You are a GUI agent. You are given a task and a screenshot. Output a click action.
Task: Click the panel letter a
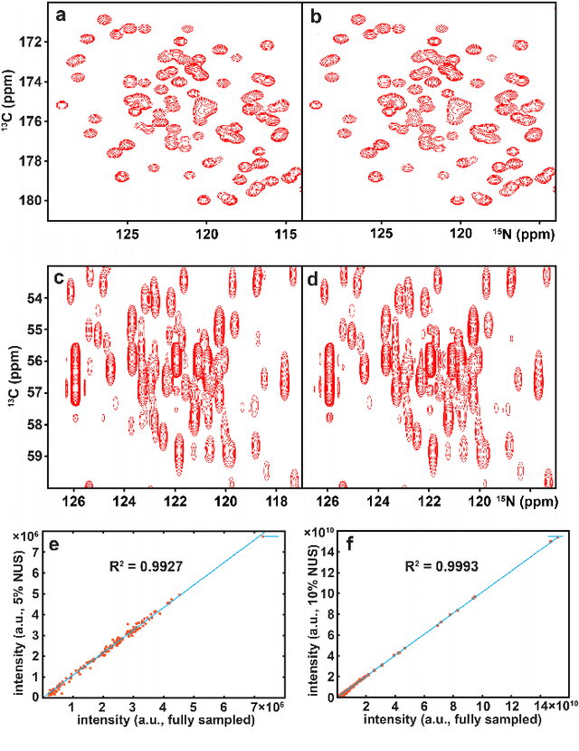tap(60, 17)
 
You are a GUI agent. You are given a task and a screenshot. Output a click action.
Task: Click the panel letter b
tap(316, 17)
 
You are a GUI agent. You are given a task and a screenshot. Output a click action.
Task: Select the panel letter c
tap(60, 279)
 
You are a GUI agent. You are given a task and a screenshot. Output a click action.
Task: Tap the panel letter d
tap(316, 279)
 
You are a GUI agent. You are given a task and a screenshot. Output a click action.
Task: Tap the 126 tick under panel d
tap(331, 497)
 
